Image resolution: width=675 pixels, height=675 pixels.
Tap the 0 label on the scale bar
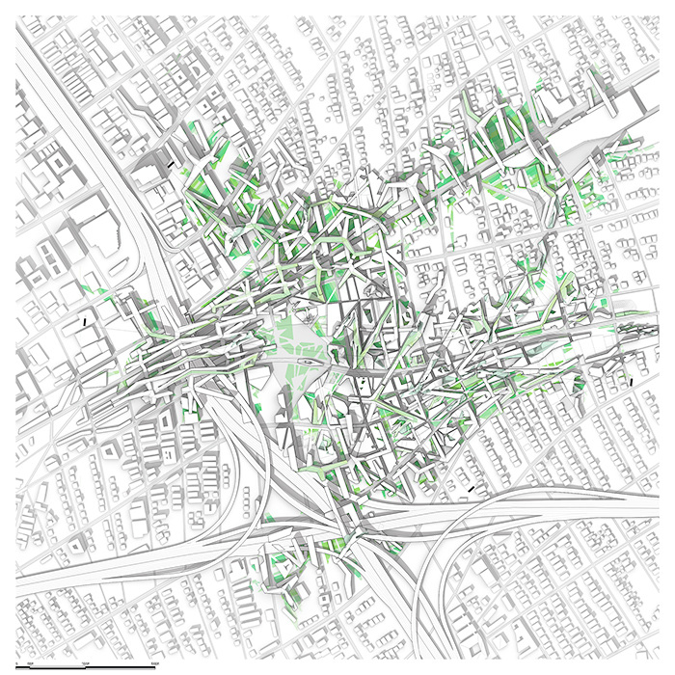point(16,663)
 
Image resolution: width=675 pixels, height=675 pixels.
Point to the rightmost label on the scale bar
point(155,663)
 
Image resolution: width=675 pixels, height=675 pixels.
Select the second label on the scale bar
point(30,663)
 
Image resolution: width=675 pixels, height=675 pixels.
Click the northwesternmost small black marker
point(171,164)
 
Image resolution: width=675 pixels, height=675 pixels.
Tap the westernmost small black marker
point(85,320)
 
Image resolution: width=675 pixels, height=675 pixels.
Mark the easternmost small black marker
point(631,382)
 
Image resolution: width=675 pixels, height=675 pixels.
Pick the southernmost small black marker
point(471,490)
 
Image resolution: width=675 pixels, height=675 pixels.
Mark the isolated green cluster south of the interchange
point(289,569)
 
